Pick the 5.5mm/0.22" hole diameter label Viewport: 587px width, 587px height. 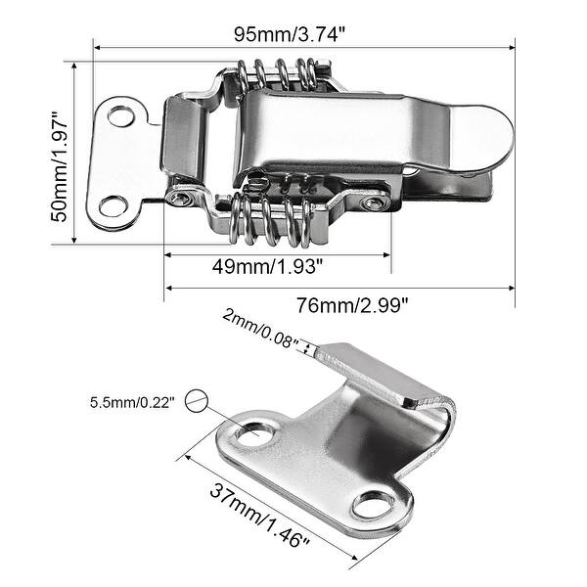pyautogui.click(x=132, y=401)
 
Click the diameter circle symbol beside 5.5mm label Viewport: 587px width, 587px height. pyautogui.click(x=199, y=399)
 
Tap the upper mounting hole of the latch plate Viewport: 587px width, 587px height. pyautogui.click(x=120, y=116)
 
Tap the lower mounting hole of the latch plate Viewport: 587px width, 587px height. pyautogui.click(x=113, y=205)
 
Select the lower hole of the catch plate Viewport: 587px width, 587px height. pyautogui.click(x=373, y=506)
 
